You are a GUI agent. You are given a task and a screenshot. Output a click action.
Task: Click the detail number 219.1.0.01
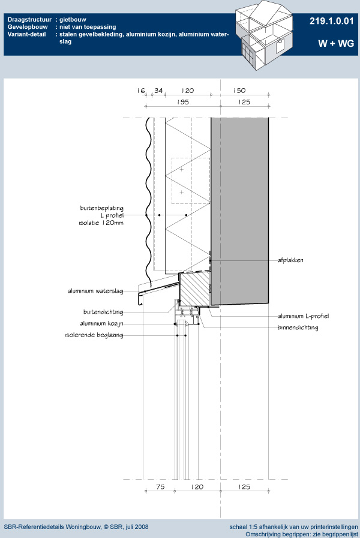click(331, 21)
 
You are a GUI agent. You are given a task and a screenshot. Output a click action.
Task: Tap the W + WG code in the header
click(335, 44)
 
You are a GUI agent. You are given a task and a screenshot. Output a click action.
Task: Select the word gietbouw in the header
click(73, 20)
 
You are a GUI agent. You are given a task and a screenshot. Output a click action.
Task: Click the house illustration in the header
click(264, 35)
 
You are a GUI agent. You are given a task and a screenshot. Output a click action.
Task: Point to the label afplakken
click(290, 260)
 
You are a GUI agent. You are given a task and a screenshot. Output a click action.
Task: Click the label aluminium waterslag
click(95, 291)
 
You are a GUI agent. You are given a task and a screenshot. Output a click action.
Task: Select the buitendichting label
click(103, 312)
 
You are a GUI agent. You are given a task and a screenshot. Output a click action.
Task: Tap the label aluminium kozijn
click(101, 323)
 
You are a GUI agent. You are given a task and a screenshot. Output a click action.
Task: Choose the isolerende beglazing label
click(94, 335)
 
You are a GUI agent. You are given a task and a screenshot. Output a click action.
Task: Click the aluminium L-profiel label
click(304, 316)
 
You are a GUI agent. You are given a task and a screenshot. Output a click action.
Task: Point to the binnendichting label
click(298, 327)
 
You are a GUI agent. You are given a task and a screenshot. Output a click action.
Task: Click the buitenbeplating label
click(101, 208)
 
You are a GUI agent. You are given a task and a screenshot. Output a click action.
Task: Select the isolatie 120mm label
click(101, 223)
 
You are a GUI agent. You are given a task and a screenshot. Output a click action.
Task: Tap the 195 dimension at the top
click(183, 102)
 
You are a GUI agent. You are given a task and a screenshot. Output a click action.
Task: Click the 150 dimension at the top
click(239, 91)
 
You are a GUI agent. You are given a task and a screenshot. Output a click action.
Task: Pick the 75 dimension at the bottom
click(160, 486)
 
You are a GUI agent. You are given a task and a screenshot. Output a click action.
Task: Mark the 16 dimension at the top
click(141, 91)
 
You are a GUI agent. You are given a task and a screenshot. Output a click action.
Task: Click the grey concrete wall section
click(239, 211)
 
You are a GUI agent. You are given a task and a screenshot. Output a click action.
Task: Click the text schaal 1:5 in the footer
click(243, 527)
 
